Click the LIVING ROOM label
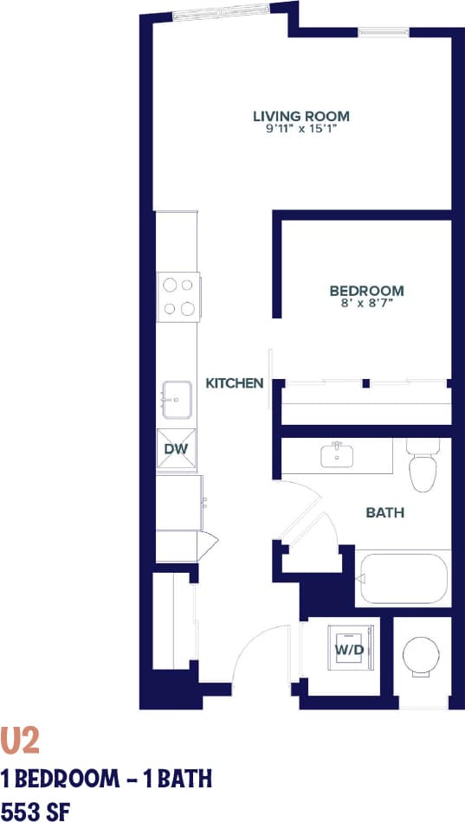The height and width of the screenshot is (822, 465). [x=300, y=116]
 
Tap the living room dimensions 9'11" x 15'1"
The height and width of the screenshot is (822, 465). [x=300, y=129]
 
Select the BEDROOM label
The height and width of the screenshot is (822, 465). [x=366, y=291]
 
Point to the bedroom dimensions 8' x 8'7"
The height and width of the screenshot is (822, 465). [x=366, y=303]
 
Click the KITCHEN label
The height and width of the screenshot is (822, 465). [x=234, y=382]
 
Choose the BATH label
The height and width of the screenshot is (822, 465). [x=385, y=513]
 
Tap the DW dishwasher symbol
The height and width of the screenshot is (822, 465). [x=177, y=450]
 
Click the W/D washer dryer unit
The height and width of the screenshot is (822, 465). [x=348, y=649]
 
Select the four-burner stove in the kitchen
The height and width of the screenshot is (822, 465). [x=178, y=296]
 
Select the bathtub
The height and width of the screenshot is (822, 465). [x=403, y=578]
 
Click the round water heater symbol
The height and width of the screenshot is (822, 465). [x=422, y=656]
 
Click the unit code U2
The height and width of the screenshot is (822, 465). [x=20, y=741]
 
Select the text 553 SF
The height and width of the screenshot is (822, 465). [x=36, y=811]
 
